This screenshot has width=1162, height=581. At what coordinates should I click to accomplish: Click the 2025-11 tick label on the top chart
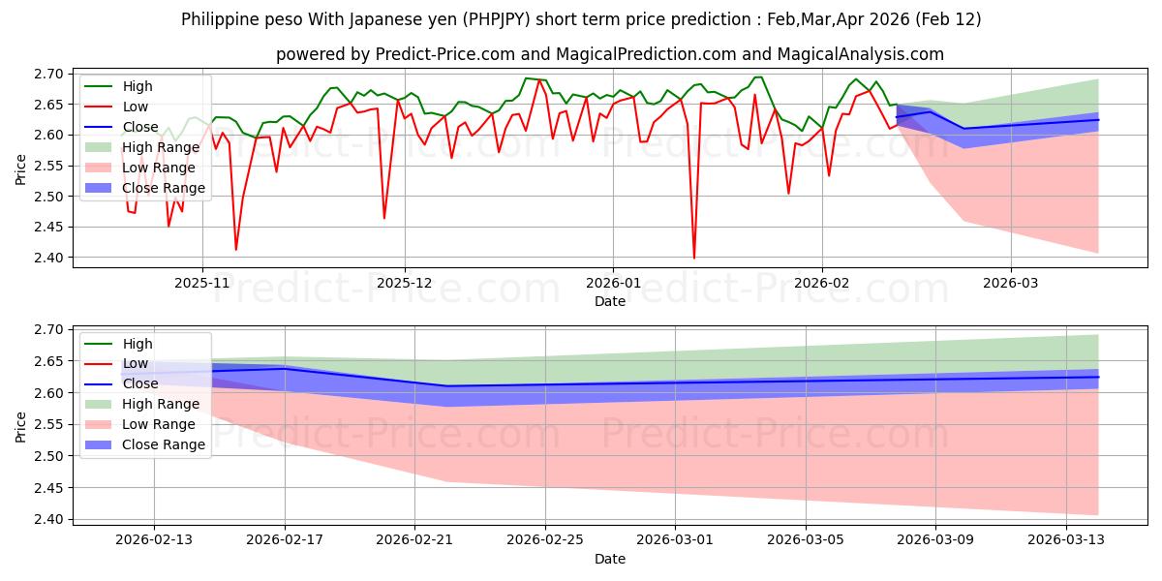(201, 284)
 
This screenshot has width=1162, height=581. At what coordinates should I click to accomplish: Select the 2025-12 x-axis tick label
(405, 284)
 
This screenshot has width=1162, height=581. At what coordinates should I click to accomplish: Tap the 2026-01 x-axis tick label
(612, 284)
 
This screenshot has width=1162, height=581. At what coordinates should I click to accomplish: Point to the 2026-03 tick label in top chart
(1011, 284)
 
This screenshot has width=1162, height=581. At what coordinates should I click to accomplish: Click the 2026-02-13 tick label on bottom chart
(154, 540)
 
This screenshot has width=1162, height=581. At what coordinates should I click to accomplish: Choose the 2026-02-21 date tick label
(414, 540)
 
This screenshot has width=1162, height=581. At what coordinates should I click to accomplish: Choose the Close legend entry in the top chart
(140, 127)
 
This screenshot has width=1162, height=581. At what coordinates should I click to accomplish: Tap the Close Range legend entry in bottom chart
(163, 444)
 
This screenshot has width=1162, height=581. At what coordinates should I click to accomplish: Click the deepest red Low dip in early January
(693, 258)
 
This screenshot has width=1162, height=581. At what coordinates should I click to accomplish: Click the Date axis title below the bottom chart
(610, 559)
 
